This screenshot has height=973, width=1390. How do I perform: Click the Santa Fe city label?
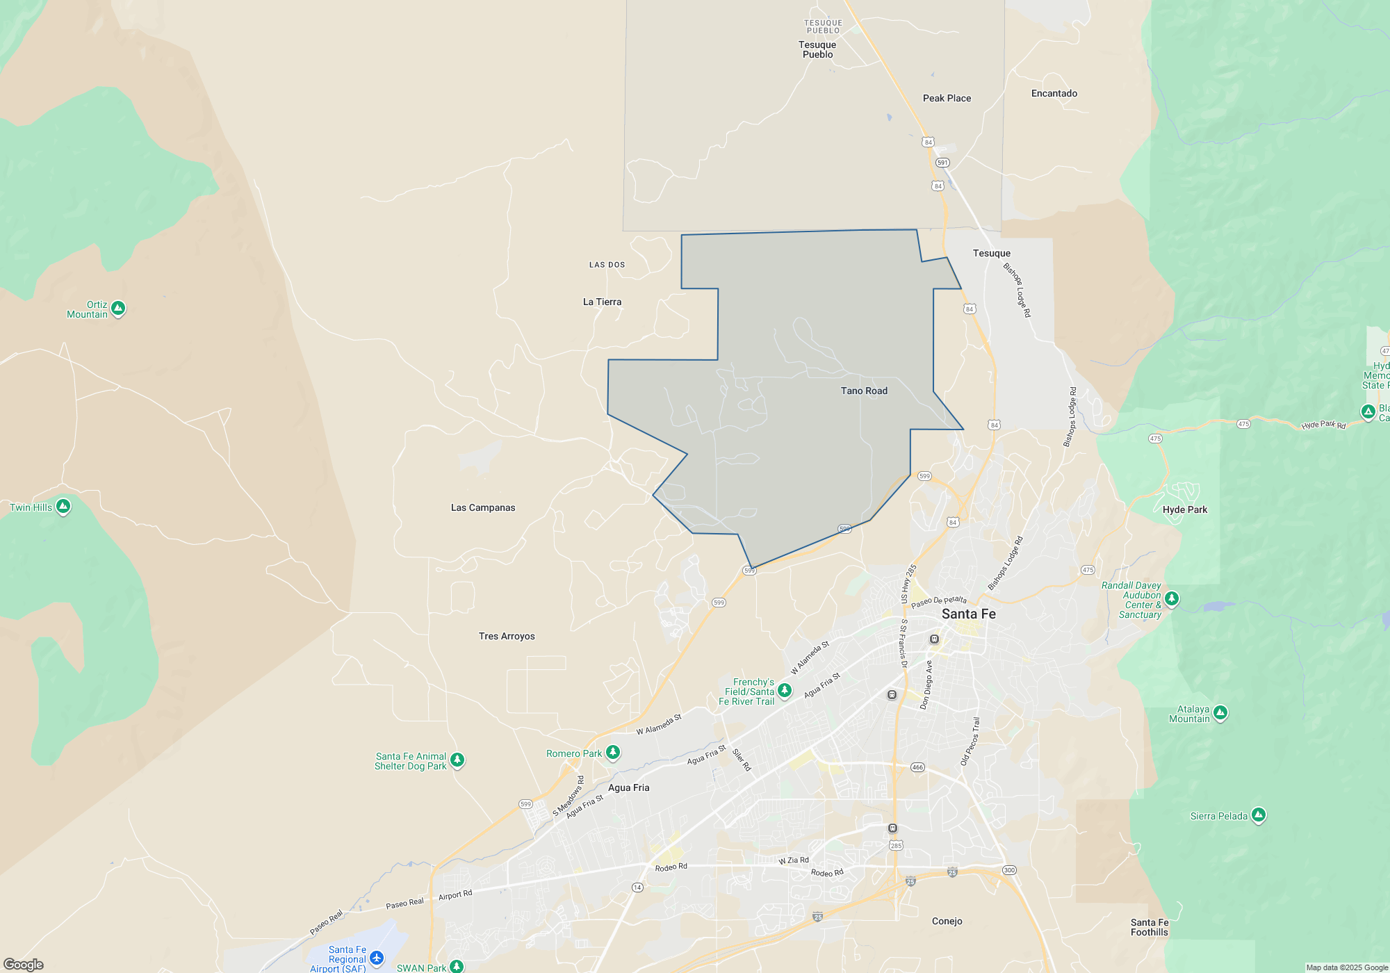tap(968, 614)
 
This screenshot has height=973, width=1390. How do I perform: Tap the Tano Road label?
tap(864, 391)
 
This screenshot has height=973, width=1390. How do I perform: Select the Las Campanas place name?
tap(483, 507)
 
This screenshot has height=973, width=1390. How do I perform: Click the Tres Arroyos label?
tap(507, 636)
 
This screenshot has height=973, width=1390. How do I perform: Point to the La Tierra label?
tap(602, 302)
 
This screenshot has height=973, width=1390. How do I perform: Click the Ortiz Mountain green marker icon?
tap(118, 308)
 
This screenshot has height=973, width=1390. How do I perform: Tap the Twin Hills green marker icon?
tap(63, 506)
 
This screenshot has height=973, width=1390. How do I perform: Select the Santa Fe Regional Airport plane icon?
tap(377, 958)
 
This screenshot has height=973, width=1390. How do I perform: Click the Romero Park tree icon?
tap(612, 753)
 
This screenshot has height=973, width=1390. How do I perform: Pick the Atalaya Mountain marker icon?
tap(1220, 712)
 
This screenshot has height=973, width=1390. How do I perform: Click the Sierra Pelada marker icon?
tap(1258, 815)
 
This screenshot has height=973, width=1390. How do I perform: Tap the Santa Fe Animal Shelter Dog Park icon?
tap(457, 760)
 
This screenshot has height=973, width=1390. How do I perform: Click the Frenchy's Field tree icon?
tap(785, 690)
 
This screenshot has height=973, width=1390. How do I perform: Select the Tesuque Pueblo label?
tap(817, 49)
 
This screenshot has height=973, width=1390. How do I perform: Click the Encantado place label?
tap(1054, 93)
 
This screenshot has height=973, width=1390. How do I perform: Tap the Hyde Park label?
tap(1184, 509)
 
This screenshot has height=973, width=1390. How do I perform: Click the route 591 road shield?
tap(942, 163)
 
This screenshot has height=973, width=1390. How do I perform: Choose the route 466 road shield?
tap(917, 767)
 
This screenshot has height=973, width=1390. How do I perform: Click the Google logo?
tap(24, 964)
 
